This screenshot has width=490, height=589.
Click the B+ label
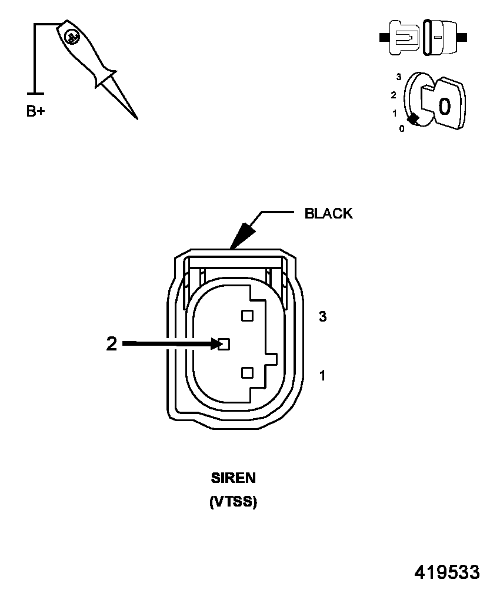pos(35,111)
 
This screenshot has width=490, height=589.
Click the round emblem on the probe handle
pos(72,37)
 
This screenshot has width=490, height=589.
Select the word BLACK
pos(328,214)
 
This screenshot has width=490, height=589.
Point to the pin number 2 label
pos(112,344)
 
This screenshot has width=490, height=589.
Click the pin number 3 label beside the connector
pos(322,317)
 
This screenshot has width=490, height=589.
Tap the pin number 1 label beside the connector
pos(322,375)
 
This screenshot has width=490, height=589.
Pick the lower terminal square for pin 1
pos(247,372)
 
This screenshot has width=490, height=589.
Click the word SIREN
pos(234,478)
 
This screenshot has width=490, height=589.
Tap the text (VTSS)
pos(234,502)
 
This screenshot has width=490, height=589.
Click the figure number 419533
pos(447,573)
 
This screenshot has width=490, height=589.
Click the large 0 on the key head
pos(445,106)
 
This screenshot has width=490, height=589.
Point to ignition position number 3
pos(399,77)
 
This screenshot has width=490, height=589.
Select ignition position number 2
pos(393,95)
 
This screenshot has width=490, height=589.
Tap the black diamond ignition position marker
pos(414,120)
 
